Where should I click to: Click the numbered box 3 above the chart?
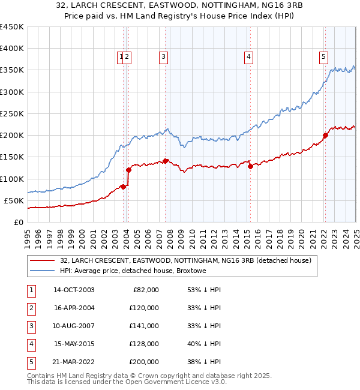[x=163, y=57]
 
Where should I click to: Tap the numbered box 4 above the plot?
[x=248, y=57]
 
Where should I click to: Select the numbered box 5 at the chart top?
[x=323, y=57]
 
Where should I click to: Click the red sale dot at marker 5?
[x=325, y=135]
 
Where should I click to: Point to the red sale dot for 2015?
[x=250, y=167]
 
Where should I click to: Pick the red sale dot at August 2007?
[x=166, y=161]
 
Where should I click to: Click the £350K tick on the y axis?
[x=11, y=70]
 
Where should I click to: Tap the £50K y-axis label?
[x=14, y=200]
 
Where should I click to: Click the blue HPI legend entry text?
[x=133, y=271]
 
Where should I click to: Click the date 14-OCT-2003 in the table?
[x=74, y=290]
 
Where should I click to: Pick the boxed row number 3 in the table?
[x=31, y=326]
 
